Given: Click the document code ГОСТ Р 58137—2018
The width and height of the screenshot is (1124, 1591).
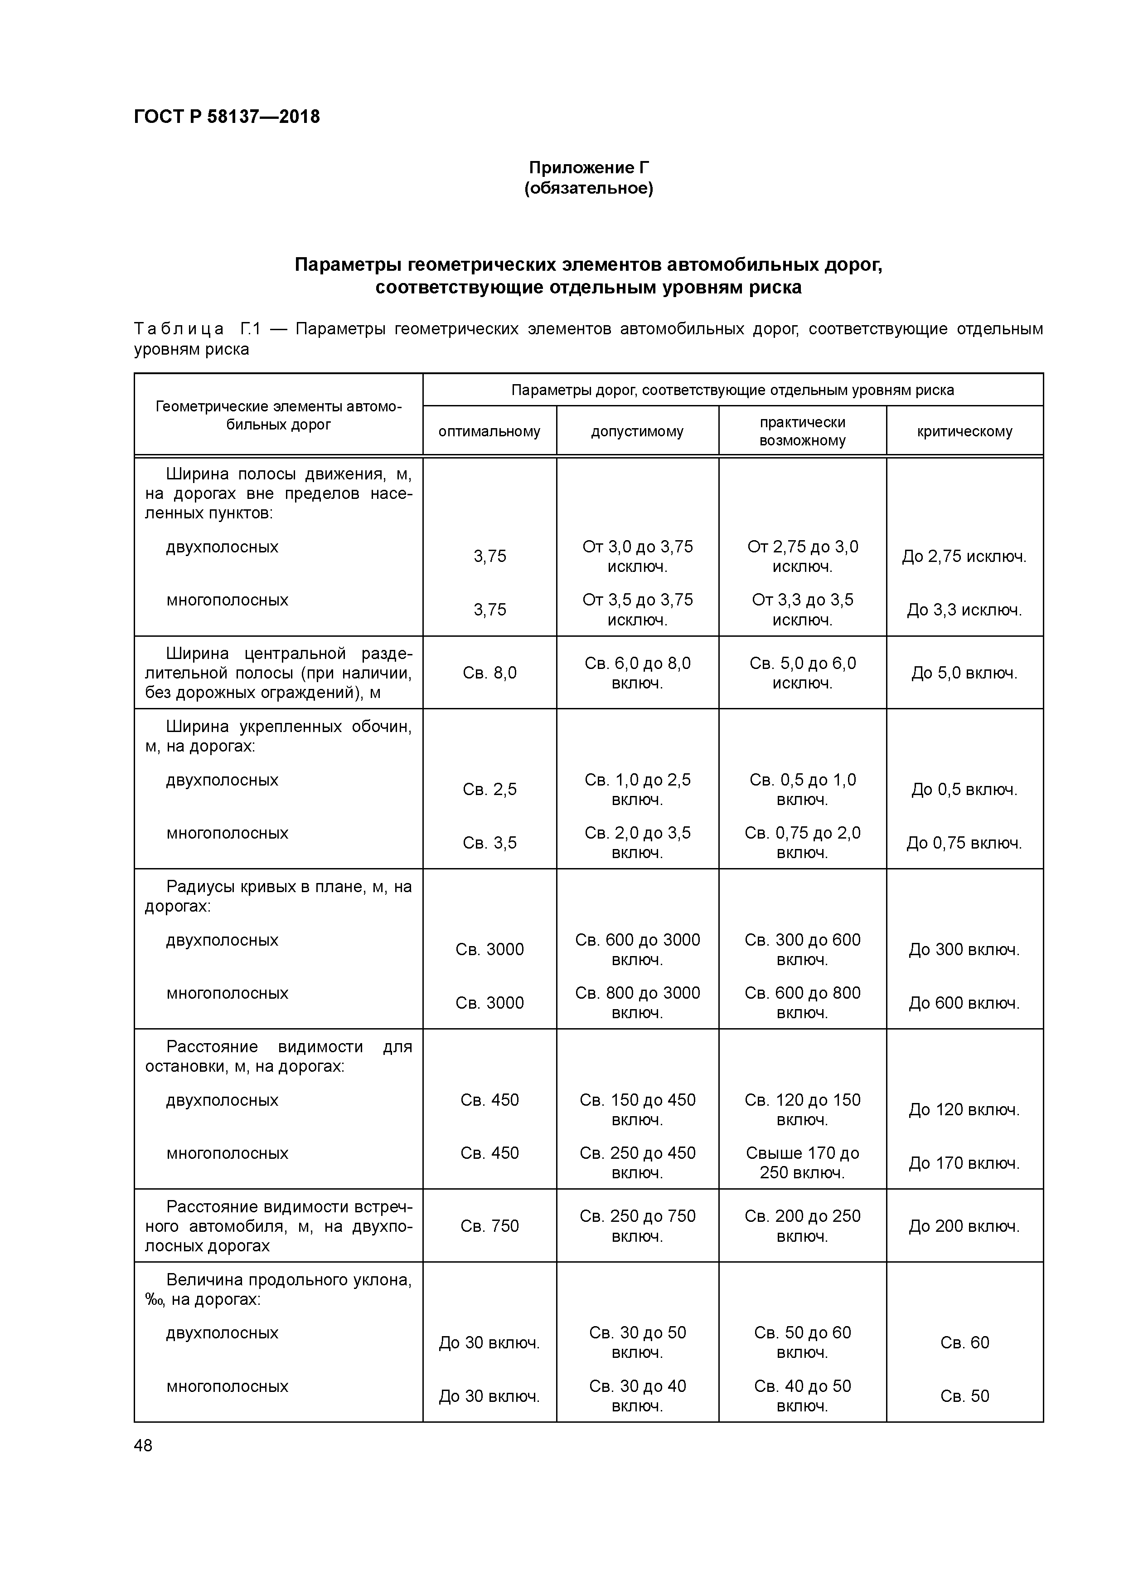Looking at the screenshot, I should (227, 117).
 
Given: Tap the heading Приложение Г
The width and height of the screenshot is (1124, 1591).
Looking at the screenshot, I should (589, 168).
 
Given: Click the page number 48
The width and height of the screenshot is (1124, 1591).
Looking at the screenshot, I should (143, 1445).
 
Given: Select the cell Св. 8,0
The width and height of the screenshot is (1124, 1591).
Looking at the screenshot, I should (489, 673).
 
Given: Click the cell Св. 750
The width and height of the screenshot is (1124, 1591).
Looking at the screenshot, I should (489, 1226).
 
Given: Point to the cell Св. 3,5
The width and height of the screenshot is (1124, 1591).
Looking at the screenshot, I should (489, 843).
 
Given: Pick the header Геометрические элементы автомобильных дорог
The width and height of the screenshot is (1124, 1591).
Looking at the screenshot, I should (278, 415).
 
